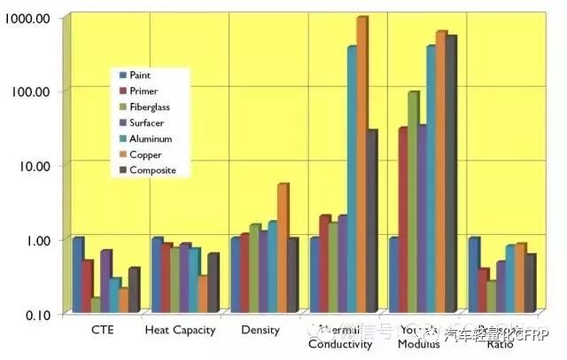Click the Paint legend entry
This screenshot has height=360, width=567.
(139, 75)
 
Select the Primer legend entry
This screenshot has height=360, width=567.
(143, 90)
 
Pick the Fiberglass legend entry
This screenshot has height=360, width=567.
(149, 106)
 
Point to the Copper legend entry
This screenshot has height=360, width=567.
(144, 154)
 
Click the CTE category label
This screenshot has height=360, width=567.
(103, 331)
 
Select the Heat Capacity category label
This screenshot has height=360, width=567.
(182, 331)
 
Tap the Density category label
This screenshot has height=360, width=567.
(260, 331)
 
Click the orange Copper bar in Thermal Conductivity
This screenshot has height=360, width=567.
(361, 164)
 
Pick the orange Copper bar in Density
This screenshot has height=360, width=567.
(282, 248)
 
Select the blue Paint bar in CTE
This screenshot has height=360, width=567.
(77, 275)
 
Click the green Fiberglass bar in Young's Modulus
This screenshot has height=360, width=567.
(412, 202)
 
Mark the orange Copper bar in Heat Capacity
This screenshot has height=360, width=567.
(203, 294)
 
